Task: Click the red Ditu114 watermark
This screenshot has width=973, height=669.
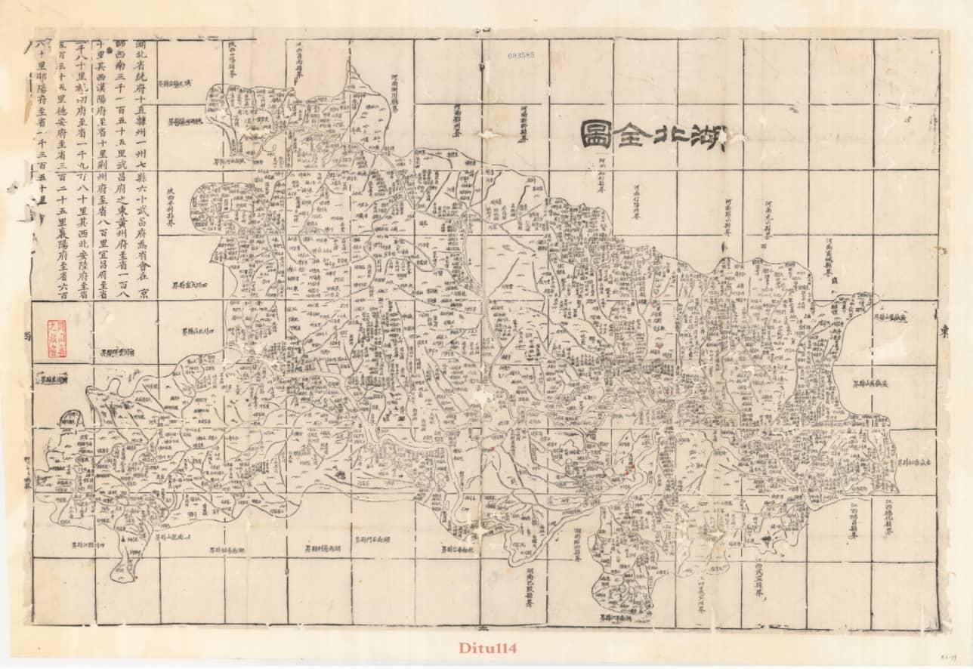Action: tap(487, 648)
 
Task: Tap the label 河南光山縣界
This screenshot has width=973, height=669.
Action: tap(767, 220)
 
